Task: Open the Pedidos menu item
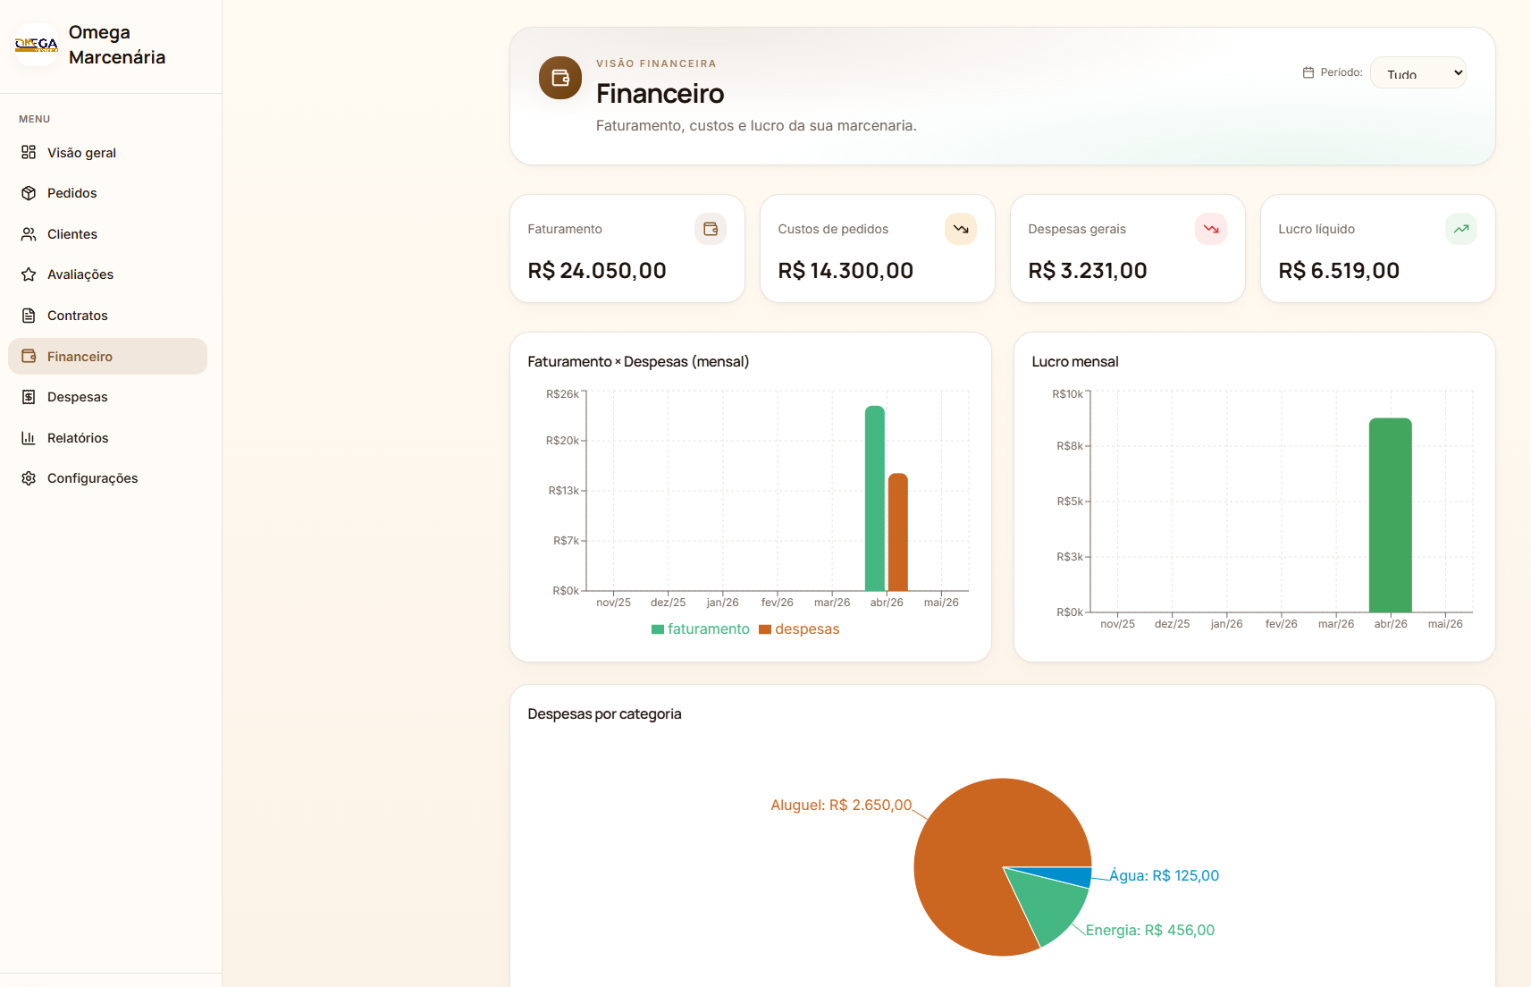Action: pyautogui.click(x=72, y=193)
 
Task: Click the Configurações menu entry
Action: pyautogui.click(x=92, y=478)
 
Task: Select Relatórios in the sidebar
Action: pyautogui.click(x=77, y=438)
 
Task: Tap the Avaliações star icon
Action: pyautogui.click(x=29, y=274)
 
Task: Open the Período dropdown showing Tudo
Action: pyautogui.click(x=1418, y=73)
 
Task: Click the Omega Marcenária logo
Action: pyautogui.click(x=37, y=45)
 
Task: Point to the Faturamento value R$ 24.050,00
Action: pyautogui.click(x=597, y=271)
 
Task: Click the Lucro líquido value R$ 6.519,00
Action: pyautogui.click(x=1339, y=271)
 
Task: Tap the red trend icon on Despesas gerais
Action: pyautogui.click(x=1211, y=229)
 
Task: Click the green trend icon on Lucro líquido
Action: pyautogui.click(x=1461, y=229)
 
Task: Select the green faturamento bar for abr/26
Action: pyautogui.click(x=875, y=498)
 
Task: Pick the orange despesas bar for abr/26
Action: pyautogui.click(x=898, y=532)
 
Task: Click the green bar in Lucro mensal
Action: pyautogui.click(x=1390, y=515)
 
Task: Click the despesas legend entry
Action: pyautogui.click(x=799, y=628)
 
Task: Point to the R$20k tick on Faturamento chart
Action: pyautogui.click(x=562, y=441)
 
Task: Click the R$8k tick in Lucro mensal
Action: pyautogui.click(x=1070, y=446)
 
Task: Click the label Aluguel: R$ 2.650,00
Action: pyautogui.click(x=841, y=806)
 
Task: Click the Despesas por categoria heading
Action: pyautogui.click(x=604, y=714)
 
